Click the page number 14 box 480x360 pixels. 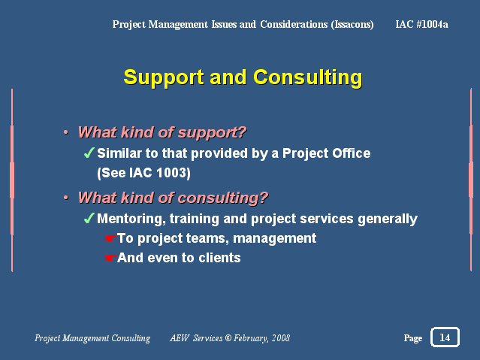point(445,337)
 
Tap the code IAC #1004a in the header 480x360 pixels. point(421,24)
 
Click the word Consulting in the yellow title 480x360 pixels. point(308,77)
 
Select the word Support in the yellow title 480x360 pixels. point(164,78)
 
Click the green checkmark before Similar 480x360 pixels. point(89,153)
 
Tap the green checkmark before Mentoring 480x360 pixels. point(89,218)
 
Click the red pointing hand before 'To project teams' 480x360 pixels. point(110,237)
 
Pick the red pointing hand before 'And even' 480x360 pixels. point(110,258)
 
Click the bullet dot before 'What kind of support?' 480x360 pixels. point(66,132)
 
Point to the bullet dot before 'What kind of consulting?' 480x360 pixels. point(66,198)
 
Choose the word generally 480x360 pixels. point(388,219)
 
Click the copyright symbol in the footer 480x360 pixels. point(228,338)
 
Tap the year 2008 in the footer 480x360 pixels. point(281,338)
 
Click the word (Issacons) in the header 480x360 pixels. point(352,24)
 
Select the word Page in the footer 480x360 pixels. point(413,338)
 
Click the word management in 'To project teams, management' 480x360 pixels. point(275,239)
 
